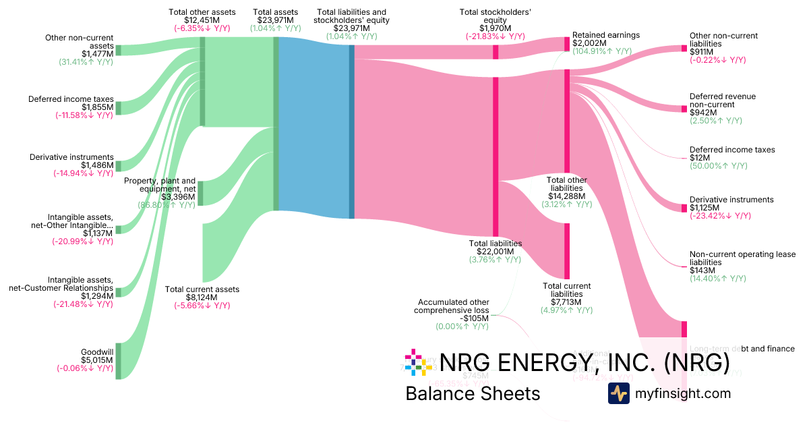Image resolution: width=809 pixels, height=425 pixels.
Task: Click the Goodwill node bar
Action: (x=118, y=361)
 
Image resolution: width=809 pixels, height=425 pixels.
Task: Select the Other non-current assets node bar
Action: (x=118, y=50)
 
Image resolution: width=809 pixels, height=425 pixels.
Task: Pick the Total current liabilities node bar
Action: (x=567, y=251)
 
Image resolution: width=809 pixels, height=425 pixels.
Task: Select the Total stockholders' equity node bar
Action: (x=496, y=52)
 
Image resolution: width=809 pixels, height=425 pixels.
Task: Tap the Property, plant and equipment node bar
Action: (x=202, y=193)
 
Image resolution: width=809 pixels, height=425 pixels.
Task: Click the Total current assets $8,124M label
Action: (x=202, y=297)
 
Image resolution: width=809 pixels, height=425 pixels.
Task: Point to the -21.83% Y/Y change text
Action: (x=496, y=36)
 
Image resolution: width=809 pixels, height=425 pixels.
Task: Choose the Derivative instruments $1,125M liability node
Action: (x=684, y=207)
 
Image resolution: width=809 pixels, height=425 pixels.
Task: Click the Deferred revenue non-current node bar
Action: (x=684, y=108)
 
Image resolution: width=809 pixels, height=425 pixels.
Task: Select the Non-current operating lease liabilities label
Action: (x=742, y=258)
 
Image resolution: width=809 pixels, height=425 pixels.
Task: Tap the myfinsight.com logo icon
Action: (x=618, y=393)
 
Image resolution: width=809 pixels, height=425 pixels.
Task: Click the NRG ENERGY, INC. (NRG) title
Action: (x=584, y=362)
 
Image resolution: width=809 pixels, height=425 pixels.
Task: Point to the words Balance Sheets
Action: (x=473, y=393)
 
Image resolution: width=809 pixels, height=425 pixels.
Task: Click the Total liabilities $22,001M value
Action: (x=495, y=252)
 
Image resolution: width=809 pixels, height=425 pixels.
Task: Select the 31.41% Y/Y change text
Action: (x=86, y=62)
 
